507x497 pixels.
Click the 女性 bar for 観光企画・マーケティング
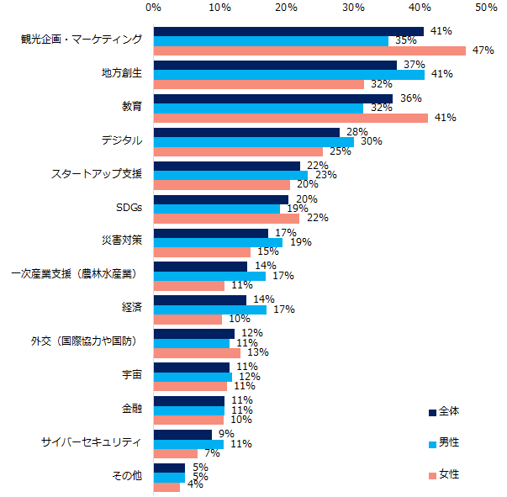[x=309, y=50]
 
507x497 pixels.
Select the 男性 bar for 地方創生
[x=288, y=74]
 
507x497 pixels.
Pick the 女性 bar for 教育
[x=290, y=118]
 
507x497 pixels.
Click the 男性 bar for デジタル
[x=253, y=141]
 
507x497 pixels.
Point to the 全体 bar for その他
[x=169, y=467]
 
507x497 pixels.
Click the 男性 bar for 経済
[x=209, y=309]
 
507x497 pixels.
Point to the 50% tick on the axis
[x=485, y=8]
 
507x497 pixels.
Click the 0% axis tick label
[x=153, y=8]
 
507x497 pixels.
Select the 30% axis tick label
[x=352, y=8]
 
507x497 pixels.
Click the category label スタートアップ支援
[x=97, y=174]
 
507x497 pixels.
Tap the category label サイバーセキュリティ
[x=92, y=441]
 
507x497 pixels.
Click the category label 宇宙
[x=131, y=375]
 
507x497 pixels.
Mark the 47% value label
[x=483, y=50]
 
